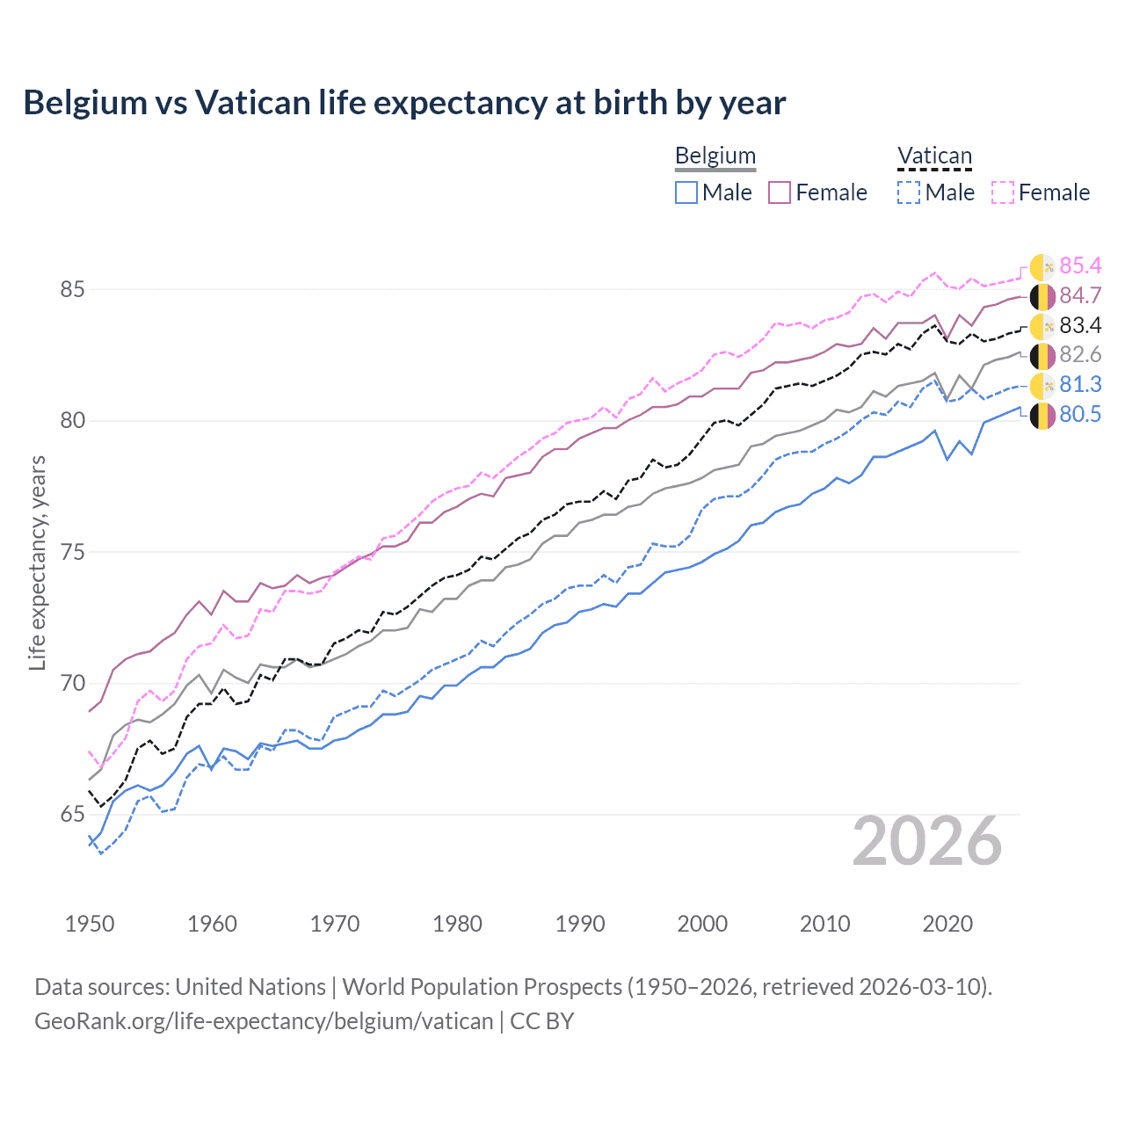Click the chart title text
(404, 103)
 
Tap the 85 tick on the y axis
(72, 289)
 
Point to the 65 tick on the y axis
(72, 815)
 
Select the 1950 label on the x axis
(90, 924)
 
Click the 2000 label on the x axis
(702, 924)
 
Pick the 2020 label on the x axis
(947, 924)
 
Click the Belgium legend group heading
(715, 156)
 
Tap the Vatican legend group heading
(934, 156)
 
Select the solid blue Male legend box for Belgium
(686, 192)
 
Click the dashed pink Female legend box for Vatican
(1003, 192)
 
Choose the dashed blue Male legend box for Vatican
(909, 192)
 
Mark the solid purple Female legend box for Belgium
(780, 192)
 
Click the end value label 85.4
(1080, 265)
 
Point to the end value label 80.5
(1080, 414)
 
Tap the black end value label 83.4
(1080, 325)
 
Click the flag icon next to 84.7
(1042, 296)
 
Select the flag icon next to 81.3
(1042, 385)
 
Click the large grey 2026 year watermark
(927, 841)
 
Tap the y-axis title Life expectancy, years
(37, 562)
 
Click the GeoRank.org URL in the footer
(264, 1021)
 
